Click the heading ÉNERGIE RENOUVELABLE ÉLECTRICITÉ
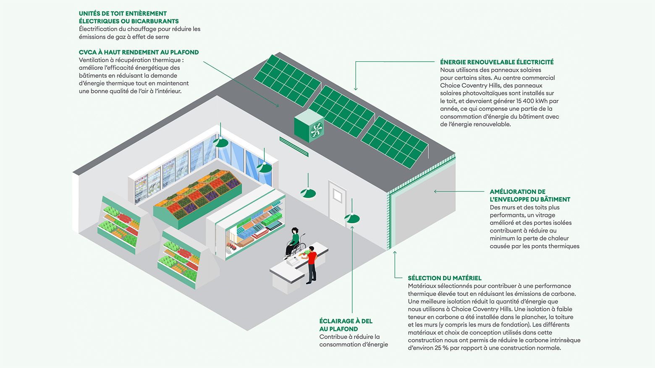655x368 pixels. pyautogui.click(x=497, y=62)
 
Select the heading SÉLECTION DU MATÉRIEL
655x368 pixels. pyautogui.click(x=444, y=278)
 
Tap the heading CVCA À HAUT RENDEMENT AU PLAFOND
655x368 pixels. pyautogui.click(x=139, y=52)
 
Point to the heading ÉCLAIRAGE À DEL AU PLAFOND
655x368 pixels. pyautogui.click(x=346, y=325)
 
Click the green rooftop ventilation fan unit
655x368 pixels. pyautogui.click(x=309, y=125)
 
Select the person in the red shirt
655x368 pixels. pyautogui.click(x=312, y=264)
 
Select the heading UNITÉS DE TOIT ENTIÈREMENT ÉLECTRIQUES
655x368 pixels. pyautogui.click(x=128, y=17)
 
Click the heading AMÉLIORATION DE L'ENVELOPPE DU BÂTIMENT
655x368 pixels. pyautogui.click(x=530, y=196)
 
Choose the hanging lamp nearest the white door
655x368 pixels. pyautogui.click(x=352, y=218)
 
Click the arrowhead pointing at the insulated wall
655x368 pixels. pyautogui.click(x=436, y=191)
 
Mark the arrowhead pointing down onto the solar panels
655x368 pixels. pyautogui.click(x=356, y=89)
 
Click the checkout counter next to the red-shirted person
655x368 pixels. pyautogui.click(x=294, y=269)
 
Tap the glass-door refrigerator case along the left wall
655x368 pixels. pyautogui.click(x=168, y=176)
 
